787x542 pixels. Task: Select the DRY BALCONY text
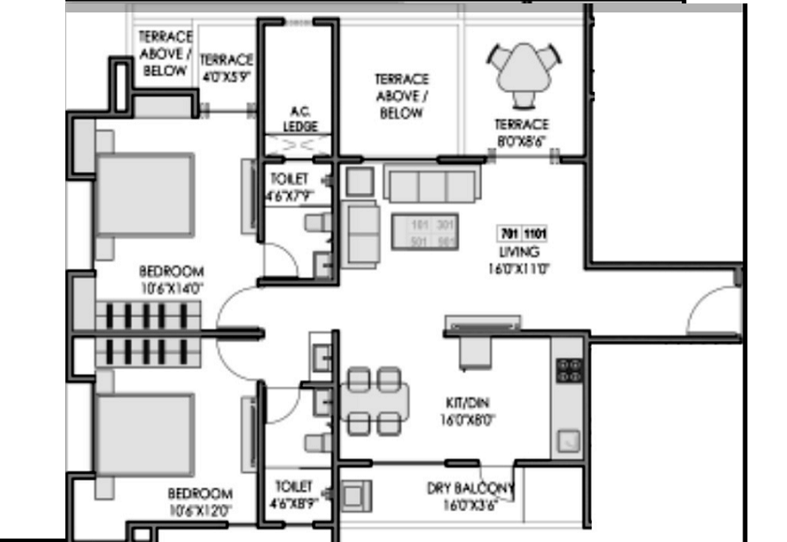click(x=470, y=490)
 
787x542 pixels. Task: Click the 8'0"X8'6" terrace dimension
click(x=522, y=139)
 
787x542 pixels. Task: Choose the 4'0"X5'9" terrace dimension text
click(x=226, y=76)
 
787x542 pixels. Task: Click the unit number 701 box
click(x=507, y=234)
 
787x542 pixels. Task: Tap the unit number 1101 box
click(x=535, y=234)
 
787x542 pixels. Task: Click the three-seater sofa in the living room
click(x=430, y=185)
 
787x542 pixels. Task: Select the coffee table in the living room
click(x=423, y=231)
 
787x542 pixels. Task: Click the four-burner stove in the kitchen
click(x=569, y=370)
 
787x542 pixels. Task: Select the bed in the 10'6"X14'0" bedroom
click(x=144, y=194)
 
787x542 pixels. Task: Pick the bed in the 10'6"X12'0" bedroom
click(x=144, y=436)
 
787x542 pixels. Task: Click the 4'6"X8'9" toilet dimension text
click(x=295, y=502)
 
